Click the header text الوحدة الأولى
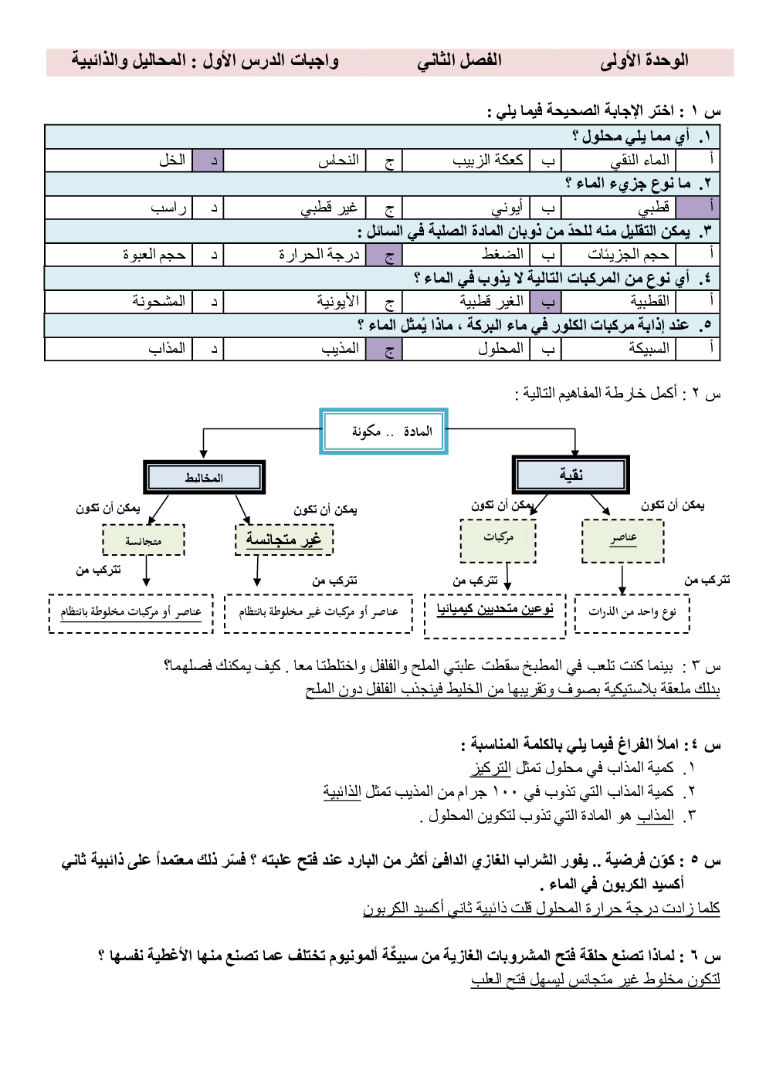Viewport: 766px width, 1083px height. [x=644, y=61]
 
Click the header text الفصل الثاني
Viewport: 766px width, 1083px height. [x=459, y=61]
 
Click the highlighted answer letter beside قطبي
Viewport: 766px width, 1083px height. [x=710, y=207]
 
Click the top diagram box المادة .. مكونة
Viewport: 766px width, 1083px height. [x=384, y=432]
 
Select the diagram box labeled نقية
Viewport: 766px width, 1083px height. [x=571, y=475]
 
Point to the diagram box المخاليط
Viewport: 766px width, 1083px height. [x=204, y=478]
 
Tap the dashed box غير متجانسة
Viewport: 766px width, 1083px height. [x=284, y=540]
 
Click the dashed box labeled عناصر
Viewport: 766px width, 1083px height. [x=622, y=539]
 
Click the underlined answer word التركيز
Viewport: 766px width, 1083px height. [x=491, y=768]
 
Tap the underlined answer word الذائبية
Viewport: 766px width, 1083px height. [x=342, y=792]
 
